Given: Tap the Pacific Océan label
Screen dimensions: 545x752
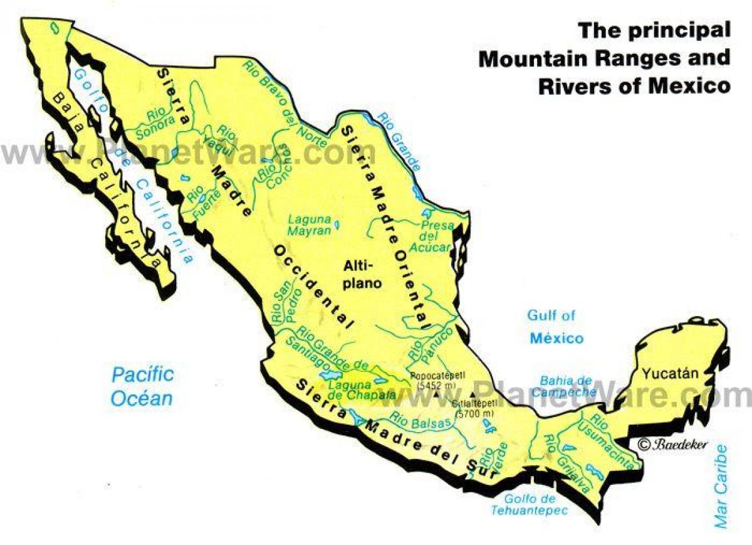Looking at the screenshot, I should tap(142, 386).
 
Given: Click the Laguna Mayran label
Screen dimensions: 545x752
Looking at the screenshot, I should tap(309, 225).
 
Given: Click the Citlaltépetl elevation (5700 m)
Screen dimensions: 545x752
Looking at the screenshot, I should tap(476, 415).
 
